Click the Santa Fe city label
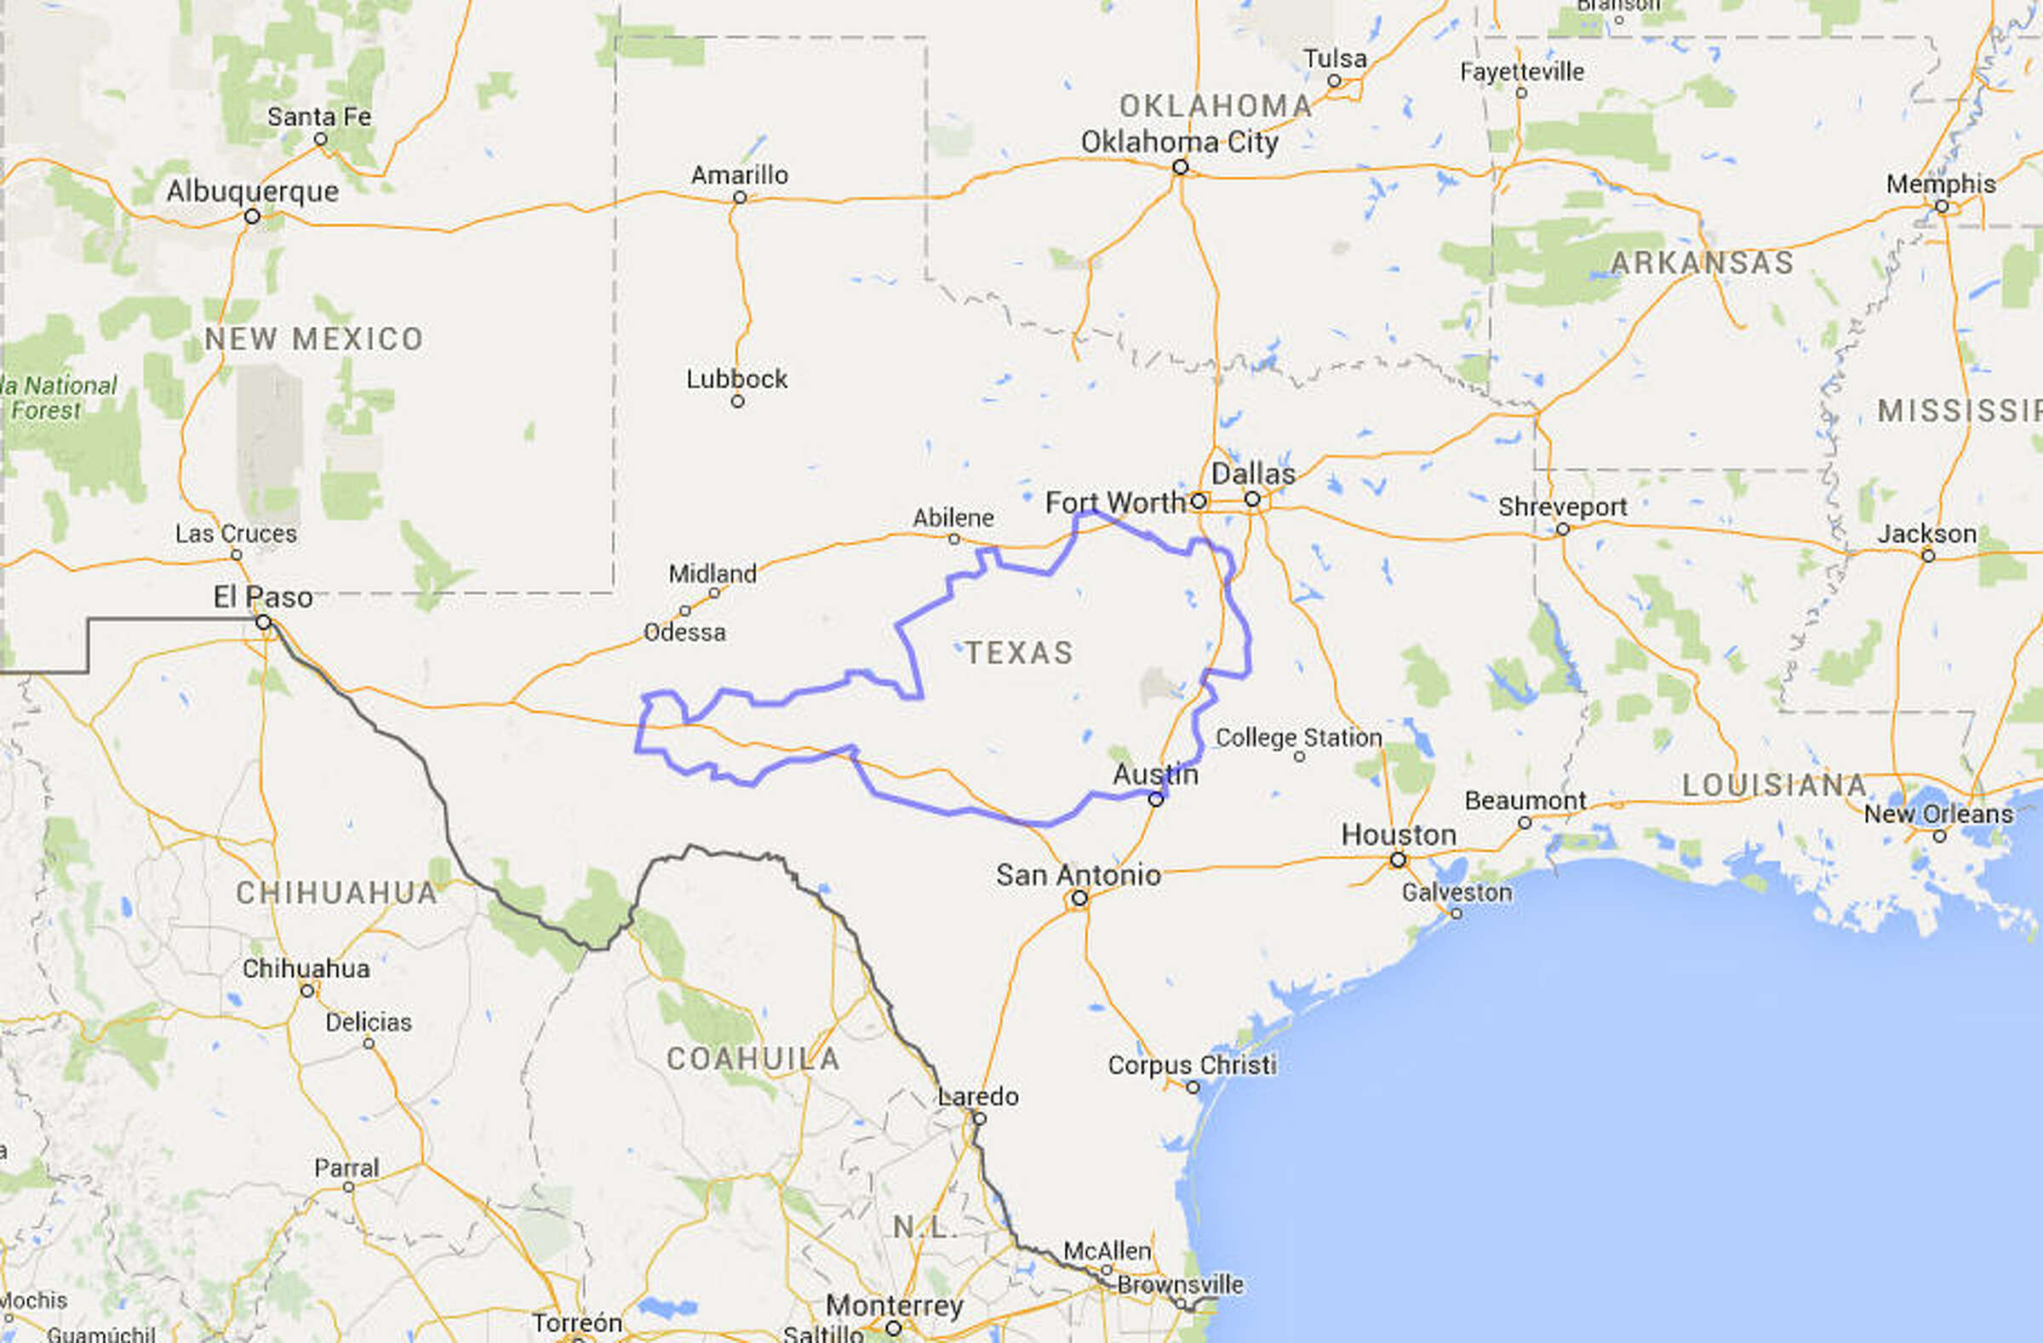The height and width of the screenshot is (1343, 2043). (319, 117)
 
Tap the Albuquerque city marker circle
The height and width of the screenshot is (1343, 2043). (251, 216)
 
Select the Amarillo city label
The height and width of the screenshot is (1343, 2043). (739, 175)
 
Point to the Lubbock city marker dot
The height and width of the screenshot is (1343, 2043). (737, 402)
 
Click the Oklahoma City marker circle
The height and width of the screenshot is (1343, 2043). (1181, 167)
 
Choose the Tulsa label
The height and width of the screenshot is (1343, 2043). (1335, 60)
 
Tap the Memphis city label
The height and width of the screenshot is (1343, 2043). (1941, 185)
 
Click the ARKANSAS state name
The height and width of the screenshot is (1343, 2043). (1702, 263)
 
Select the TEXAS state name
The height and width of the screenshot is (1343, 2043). (1020, 653)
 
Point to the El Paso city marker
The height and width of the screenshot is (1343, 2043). (264, 622)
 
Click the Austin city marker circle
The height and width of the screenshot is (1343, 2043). (1156, 800)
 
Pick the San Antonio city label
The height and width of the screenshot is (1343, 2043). (1079, 875)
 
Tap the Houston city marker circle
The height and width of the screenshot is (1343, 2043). (1399, 860)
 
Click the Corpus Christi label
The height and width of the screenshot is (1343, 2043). (1192, 1065)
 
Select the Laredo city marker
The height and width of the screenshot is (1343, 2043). (980, 1118)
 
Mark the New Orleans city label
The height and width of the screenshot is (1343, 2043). (1938, 814)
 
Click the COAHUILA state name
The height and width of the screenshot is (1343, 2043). (753, 1059)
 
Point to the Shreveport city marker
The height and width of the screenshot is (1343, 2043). (1563, 529)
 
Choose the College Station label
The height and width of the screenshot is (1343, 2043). (1299, 737)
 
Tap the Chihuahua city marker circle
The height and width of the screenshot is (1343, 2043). (307, 992)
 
